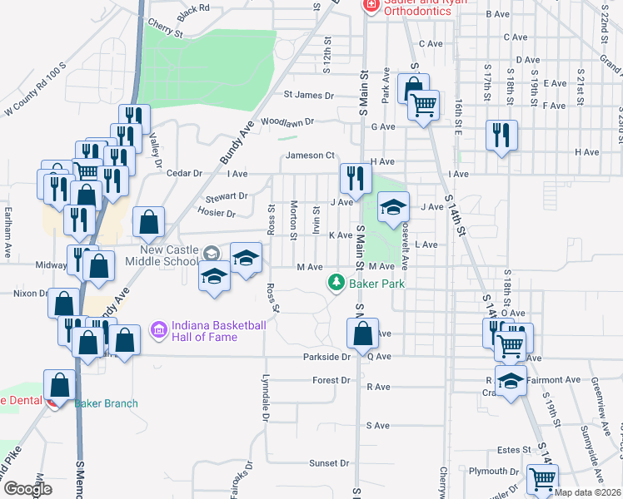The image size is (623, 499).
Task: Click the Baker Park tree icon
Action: click(336, 284)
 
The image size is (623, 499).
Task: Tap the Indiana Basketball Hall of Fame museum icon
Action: click(158, 330)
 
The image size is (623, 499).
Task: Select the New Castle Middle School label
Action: click(168, 255)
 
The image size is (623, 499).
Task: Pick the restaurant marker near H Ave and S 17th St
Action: click(501, 136)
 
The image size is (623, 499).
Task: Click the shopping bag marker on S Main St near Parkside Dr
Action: click(363, 334)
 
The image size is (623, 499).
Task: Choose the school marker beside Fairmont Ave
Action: click(511, 382)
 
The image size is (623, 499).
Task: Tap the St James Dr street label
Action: click(308, 96)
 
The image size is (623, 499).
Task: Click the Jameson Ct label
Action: click(310, 156)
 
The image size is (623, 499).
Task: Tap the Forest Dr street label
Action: click(331, 380)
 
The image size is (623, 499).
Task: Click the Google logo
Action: click(27, 488)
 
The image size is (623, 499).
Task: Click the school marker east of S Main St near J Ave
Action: click(394, 207)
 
